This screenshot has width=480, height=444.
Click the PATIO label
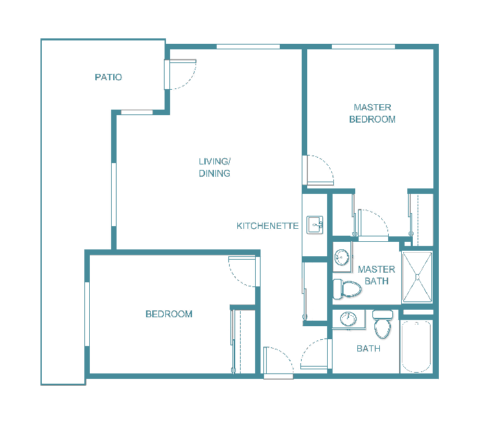pos(108,77)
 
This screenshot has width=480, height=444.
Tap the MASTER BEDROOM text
pos(372,113)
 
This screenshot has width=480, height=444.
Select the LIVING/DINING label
pos(215,168)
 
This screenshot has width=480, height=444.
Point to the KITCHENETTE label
pos(267,226)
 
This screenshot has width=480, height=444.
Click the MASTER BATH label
pos(376,275)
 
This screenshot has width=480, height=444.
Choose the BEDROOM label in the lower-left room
pos(169,314)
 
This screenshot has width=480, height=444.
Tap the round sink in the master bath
pos(342,258)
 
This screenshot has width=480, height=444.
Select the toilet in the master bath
pos(347,288)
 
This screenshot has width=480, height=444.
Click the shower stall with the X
pos(417,277)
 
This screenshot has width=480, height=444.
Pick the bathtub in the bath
pos(416,346)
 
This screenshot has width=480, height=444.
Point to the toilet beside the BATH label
pos(382,324)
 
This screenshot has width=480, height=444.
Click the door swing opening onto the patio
pos(181,75)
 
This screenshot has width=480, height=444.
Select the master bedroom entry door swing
pos(319,171)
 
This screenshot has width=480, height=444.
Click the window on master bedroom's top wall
pos(363,47)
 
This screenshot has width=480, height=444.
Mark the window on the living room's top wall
pos(248,47)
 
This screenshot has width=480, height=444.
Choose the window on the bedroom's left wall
pos(87,314)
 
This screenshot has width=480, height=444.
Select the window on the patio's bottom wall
pos(136,112)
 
